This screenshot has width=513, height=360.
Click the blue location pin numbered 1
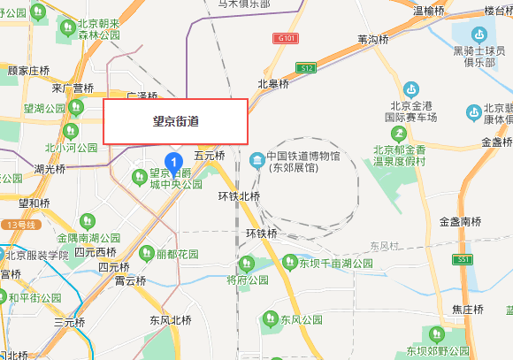point(175,162)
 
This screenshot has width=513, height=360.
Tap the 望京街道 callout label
point(175,121)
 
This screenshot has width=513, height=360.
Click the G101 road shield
point(285,40)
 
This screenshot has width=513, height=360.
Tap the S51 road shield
point(463,259)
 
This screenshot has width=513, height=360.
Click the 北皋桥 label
point(273,84)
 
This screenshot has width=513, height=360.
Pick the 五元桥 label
point(210,156)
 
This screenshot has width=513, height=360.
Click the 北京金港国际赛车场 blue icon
point(410,89)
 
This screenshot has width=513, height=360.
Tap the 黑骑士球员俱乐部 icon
point(479,34)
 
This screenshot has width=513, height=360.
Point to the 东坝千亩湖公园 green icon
point(288,262)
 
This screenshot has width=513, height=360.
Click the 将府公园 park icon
point(247,264)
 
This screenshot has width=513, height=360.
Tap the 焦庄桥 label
point(467,310)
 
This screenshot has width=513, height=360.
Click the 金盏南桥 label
point(460,221)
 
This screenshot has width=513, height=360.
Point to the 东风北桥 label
point(170,320)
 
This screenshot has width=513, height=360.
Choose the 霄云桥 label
point(130,281)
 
